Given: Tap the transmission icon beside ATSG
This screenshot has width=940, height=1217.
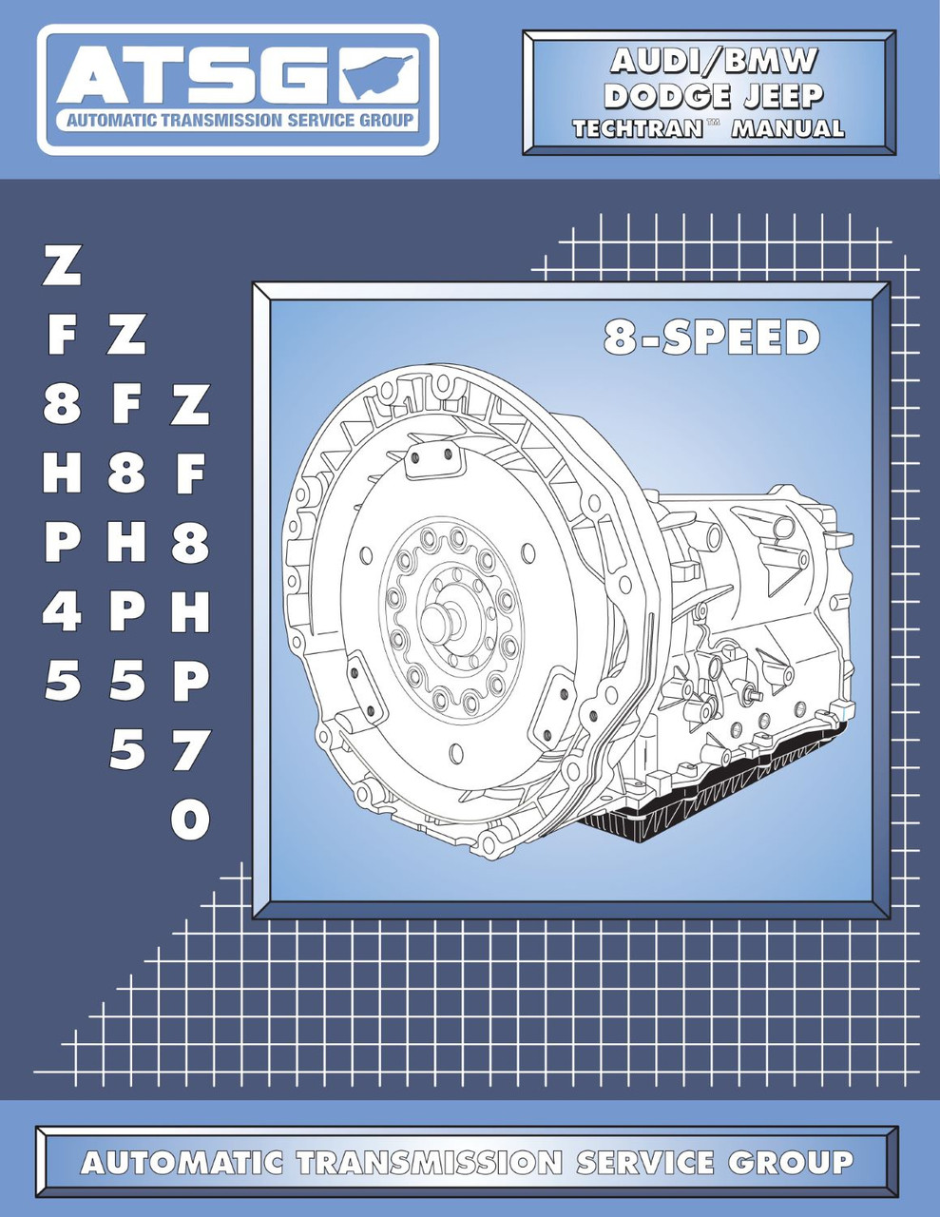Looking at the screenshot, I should click(x=378, y=76).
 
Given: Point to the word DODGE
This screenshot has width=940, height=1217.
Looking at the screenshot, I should click(x=666, y=96).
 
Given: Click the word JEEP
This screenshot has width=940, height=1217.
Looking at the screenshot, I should click(x=782, y=96).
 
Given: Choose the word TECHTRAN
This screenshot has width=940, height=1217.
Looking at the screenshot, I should click(x=636, y=128).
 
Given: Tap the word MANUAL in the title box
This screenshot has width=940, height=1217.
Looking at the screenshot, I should click(x=788, y=128).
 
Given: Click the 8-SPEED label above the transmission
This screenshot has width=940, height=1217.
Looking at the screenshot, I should click(x=711, y=338).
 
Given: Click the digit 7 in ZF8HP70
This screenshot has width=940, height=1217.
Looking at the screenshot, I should click(x=190, y=752).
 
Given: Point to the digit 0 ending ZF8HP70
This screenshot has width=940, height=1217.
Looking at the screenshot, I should click(x=190, y=820).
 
